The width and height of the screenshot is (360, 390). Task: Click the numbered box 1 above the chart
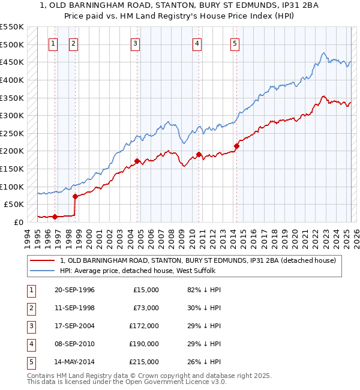point(53,43)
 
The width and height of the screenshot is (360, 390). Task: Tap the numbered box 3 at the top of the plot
point(136,43)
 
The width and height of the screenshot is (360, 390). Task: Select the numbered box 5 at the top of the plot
point(235,43)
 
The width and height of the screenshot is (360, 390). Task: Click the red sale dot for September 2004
point(137,161)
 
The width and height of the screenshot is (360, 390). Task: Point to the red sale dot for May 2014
point(236,146)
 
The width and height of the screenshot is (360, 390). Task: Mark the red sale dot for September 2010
point(199,154)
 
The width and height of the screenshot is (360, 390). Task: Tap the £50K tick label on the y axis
point(14,204)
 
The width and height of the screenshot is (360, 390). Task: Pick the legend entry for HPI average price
point(142,271)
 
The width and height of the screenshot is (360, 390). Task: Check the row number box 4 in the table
point(29,344)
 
